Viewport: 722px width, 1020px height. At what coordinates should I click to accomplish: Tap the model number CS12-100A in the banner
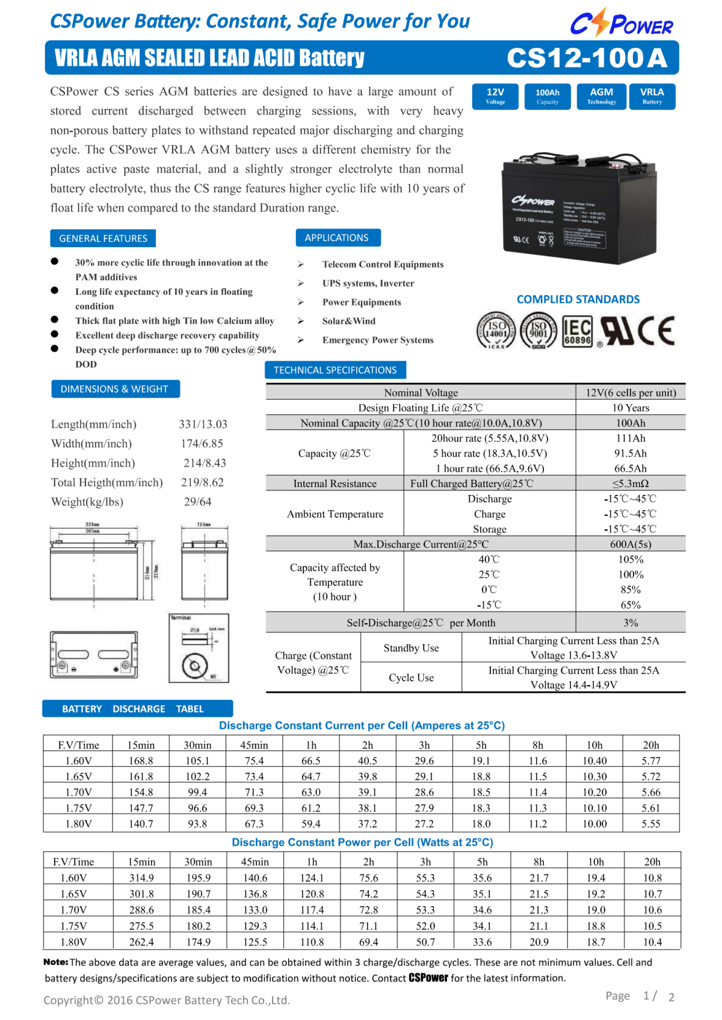click(587, 58)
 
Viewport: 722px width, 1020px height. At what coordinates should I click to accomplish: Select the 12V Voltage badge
click(495, 96)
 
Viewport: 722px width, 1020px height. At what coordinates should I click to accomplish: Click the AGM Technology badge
click(601, 96)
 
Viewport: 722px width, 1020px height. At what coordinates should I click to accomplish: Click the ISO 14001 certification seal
click(496, 331)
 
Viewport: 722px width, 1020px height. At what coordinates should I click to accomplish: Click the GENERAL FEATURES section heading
click(103, 239)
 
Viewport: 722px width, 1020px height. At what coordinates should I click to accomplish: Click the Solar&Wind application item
click(348, 321)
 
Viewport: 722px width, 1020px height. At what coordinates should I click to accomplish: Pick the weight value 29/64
click(197, 502)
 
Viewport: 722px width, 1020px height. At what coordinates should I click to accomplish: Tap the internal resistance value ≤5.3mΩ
click(630, 484)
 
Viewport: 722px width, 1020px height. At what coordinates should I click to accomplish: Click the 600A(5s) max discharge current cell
click(630, 544)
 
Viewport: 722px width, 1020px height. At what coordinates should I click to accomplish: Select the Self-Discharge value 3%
click(630, 622)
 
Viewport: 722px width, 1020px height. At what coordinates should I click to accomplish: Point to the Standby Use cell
click(411, 648)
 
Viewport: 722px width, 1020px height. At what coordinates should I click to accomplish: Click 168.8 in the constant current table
click(141, 761)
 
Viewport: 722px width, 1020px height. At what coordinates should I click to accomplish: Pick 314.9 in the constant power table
click(141, 878)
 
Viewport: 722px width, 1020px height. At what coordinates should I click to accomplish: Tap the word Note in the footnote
click(55, 962)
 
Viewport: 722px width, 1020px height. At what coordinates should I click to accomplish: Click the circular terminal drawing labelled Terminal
click(195, 666)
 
